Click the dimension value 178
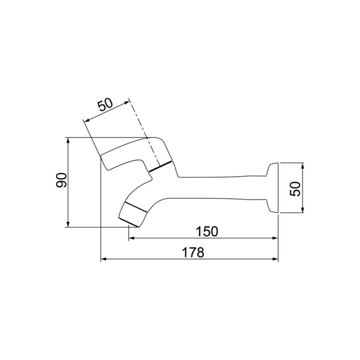(193, 252)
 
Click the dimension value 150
(206, 231)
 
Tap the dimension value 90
(61, 180)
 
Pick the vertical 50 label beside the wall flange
(295, 188)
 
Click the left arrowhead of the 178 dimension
(103, 259)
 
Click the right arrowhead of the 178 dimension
(275, 259)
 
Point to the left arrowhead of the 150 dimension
(131, 238)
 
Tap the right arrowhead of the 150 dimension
(275, 238)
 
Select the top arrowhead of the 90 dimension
(67, 140)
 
